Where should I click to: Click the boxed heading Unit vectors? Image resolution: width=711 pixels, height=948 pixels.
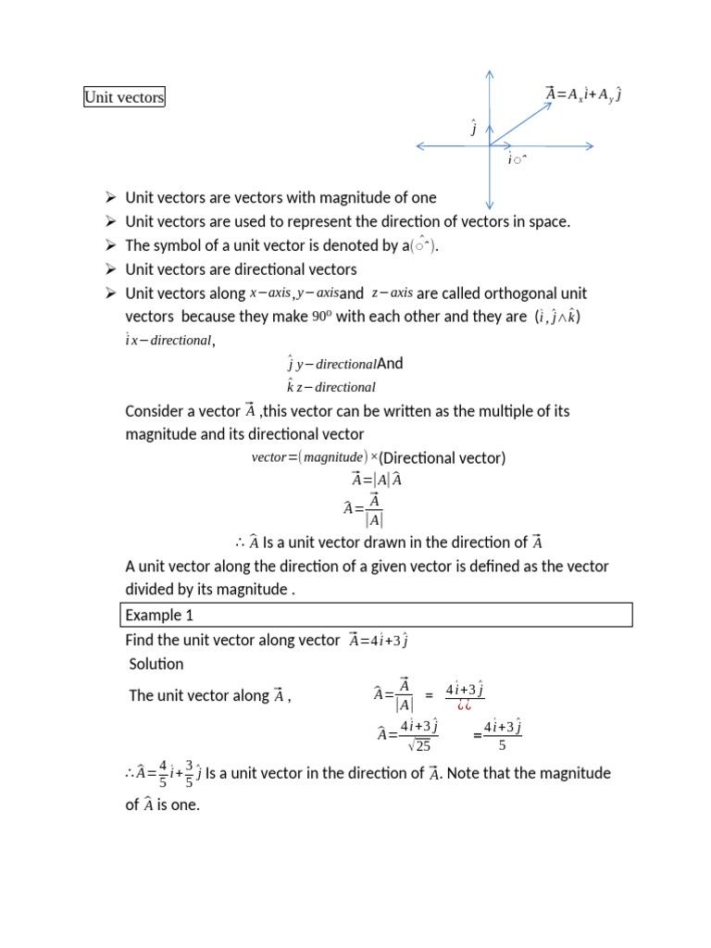click(x=124, y=97)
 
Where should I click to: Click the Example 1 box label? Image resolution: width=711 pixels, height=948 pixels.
click(x=158, y=615)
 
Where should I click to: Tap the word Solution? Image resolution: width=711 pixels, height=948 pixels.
click(x=156, y=664)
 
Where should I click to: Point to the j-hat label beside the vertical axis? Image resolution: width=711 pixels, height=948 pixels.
click(x=474, y=128)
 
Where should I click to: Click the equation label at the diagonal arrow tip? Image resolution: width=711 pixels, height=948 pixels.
click(x=583, y=94)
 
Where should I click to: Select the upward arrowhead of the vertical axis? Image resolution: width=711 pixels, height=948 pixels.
click(x=489, y=75)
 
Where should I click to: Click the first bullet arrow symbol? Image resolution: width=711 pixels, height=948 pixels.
click(x=110, y=197)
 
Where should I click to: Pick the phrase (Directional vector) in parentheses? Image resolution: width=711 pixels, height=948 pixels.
click(x=443, y=458)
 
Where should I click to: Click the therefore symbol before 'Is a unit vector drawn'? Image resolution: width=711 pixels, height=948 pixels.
click(x=239, y=543)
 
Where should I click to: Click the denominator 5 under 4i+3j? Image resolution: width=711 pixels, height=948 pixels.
click(x=502, y=745)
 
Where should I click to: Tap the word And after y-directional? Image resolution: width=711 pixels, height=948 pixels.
click(x=391, y=364)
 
